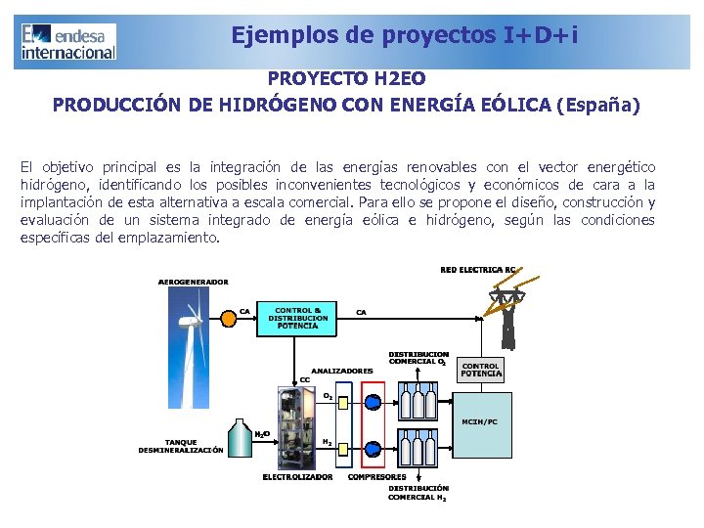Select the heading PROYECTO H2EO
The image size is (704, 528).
(346, 77)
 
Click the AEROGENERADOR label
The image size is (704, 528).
(194, 282)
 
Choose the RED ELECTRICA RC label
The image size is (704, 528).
(478, 269)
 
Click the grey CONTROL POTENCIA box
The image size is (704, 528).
(481, 370)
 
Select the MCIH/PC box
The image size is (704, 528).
(481, 421)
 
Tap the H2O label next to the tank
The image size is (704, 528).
(262, 433)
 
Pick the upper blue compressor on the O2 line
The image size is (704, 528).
(373, 399)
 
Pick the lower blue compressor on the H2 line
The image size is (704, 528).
(373, 449)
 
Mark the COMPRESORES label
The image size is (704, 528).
(377, 477)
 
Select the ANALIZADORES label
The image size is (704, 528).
(342, 371)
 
